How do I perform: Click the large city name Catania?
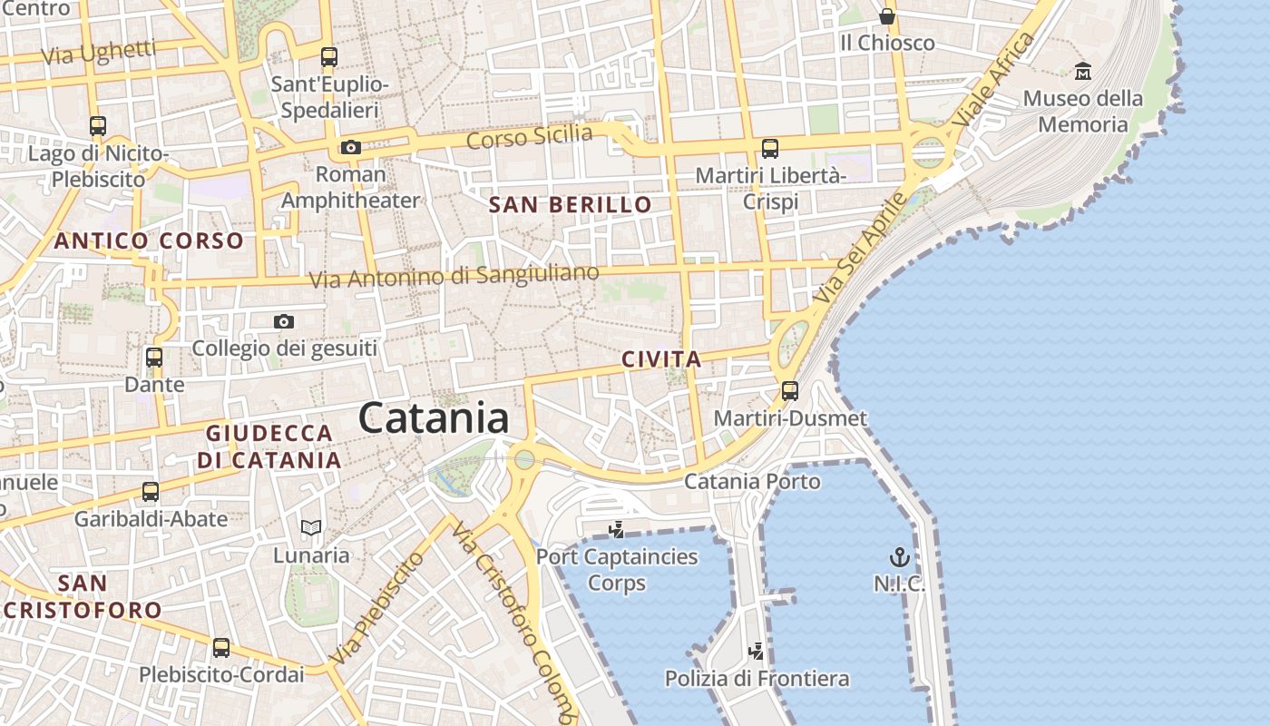tap(434, 418)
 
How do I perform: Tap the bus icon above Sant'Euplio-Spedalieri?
tap(329, 57)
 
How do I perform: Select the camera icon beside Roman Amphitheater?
tap(350, 147)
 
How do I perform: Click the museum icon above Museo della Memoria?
tap(1082, 71)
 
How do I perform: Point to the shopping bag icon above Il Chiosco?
tap(886, 16)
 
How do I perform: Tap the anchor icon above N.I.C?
tap(899, 557)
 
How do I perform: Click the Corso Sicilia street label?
tap(529, 137)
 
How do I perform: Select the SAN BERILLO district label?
tap(571, 205)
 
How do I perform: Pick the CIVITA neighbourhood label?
tap(661, 359)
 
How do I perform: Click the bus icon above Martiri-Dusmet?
tap(790, 391)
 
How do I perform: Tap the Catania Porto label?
tap(752, 481)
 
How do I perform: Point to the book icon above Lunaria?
tap(311, 527)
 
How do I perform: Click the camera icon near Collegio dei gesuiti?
tap(284, 321)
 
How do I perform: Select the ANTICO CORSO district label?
tap(149, 240)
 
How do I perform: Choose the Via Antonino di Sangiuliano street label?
tap(454, 276)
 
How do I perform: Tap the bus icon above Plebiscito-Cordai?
tap(221, 648)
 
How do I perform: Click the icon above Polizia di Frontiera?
tap(756, 651)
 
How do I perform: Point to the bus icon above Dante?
tap(154, 358)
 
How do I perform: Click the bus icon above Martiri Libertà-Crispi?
tap(770, 148)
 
